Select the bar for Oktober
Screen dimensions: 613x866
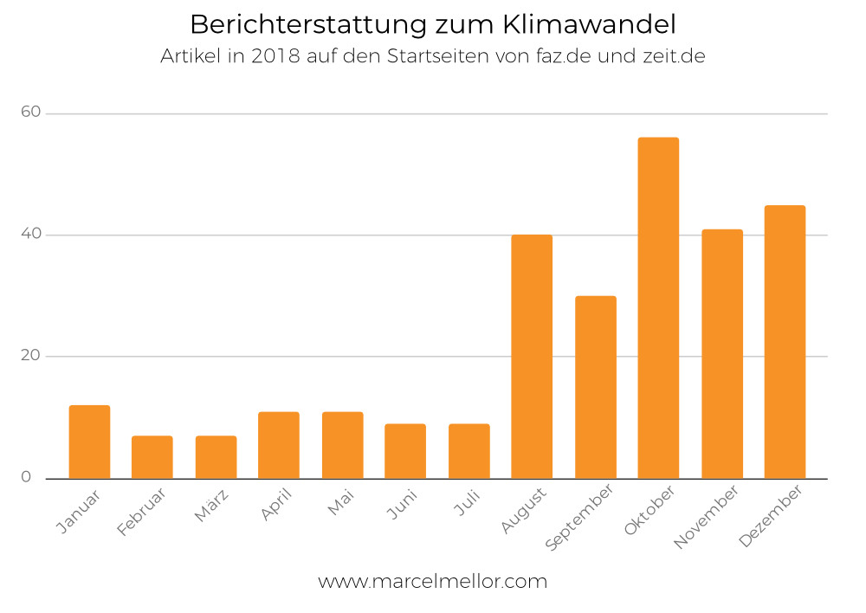click(658, 307)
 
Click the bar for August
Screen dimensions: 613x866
click(532, 356)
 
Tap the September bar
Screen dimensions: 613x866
click(595, 387)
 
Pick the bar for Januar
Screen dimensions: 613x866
click(89, 442)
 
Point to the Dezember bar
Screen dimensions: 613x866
click(785, 341)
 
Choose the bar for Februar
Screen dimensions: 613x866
click(152, 457)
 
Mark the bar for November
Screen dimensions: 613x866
click(722, 353)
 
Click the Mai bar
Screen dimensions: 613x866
click(342, 445)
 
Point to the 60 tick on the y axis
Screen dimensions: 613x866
click(31, 113)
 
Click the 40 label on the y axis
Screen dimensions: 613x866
click(31, 235)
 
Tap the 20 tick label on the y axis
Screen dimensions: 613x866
click(31, 356)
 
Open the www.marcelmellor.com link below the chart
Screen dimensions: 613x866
click(433, 581)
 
